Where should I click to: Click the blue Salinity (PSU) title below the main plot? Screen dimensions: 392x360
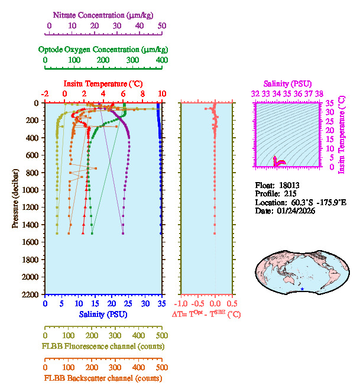tap(103, 313)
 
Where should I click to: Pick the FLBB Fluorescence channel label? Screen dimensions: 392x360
tap(103, 346)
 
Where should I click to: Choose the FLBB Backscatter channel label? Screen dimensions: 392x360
tap(103, 378)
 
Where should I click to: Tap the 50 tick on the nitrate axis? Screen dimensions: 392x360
tap(162, 26)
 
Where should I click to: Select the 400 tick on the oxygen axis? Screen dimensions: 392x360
tap(161, 60)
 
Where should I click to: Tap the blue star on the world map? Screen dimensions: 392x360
tap(302, 289)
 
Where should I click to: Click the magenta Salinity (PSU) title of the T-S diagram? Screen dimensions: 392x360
tap(286, 84)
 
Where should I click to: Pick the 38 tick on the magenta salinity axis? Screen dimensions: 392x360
tap(319, 93)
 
